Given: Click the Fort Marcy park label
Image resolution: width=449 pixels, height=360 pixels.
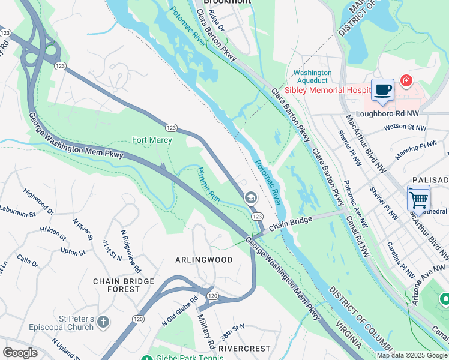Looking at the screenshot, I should tap(152, 140).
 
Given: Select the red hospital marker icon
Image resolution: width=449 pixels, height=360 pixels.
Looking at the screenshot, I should tap(406, 80).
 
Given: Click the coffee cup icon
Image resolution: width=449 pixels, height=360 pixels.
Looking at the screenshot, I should tap(382, 91).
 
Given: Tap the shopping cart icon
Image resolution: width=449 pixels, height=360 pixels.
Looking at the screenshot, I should tap(418, 198).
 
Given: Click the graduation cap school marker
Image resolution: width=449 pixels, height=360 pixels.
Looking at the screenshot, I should tap(250, 197).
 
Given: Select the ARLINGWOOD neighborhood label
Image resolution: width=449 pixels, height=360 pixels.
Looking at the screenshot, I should tap(203, 260).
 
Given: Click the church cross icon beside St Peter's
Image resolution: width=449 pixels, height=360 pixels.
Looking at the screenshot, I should tap(103, 322).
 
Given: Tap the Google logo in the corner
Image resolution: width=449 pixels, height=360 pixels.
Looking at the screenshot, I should tap(20, 353).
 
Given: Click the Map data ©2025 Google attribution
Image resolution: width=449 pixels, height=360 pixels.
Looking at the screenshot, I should tap(412, 355).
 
